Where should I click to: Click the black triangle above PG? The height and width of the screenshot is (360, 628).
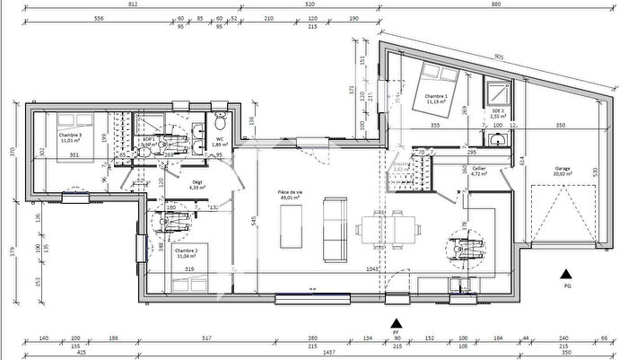click(566, 274)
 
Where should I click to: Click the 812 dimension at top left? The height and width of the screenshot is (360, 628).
click(133, 5)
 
